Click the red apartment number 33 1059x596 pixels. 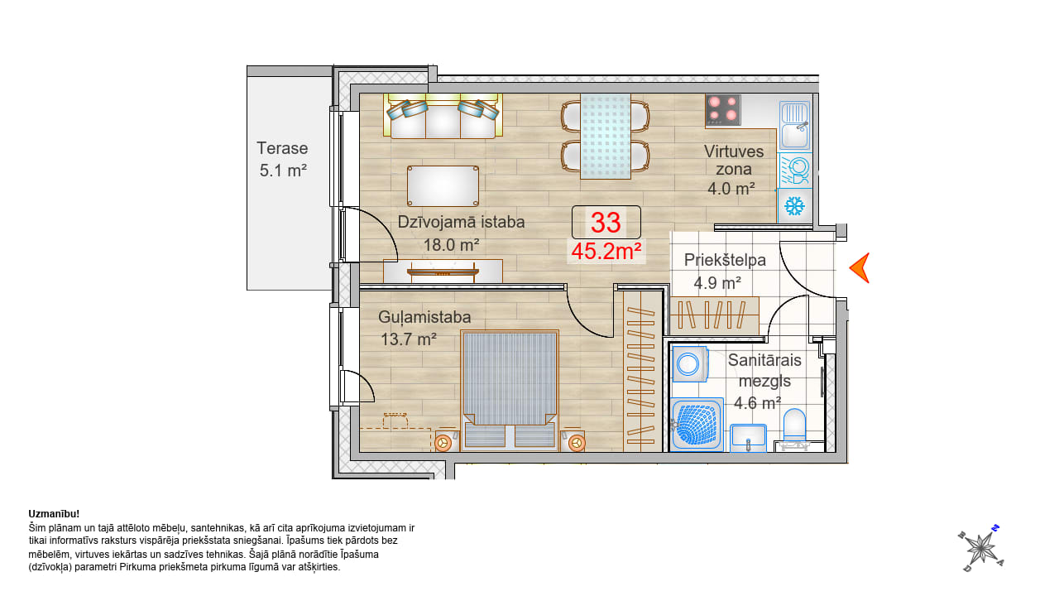tap(606, 223)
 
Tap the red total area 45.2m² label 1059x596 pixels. tap(606, 251)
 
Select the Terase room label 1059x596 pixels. tap(282, 148)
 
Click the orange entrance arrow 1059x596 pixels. tap(860, 267)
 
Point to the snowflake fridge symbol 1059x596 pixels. tap(795, 206)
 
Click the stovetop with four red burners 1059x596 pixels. tap(723, 110)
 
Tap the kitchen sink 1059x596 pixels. tap(795, 125)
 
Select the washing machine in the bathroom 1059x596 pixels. tap(690, 364)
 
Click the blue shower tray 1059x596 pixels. tap(697, 424)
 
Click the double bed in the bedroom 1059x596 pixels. tap(510, 390)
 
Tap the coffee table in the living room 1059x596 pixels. tap(443, 186)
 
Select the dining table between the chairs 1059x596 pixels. tap(606, 137)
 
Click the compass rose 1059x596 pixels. tap(981, 548)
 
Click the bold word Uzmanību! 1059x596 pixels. tap(54, 514)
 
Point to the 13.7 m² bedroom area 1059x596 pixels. tap(409, 339)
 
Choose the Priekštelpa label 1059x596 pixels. tap(725, 260)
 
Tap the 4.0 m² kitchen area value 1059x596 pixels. tap(731, 189)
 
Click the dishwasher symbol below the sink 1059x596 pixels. tap(795, 171)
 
